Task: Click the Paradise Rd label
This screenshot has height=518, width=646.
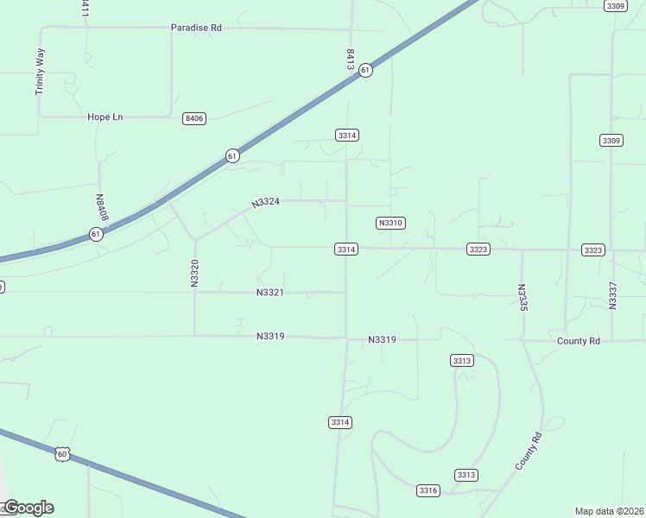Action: click(196, 28)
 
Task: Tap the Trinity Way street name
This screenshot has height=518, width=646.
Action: click(40, 71)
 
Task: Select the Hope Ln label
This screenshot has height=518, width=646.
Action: click(105, 117)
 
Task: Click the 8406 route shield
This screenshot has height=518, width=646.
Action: click(194, 118)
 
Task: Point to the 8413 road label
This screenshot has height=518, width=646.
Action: click(350, 59)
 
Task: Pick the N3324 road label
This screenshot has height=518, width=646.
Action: click(266, 203)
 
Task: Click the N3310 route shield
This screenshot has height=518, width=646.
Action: click(390, 223)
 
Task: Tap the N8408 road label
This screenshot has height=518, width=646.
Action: click(101, 206)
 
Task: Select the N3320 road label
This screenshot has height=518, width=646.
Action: click(195, 273)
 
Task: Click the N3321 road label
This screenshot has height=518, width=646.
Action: click(270, 293)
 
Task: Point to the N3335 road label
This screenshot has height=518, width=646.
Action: click(522, 299)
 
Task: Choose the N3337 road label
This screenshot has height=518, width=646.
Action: click(612, 295)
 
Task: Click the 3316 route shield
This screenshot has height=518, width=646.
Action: click(428, 490)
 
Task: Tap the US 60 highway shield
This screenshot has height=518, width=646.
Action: click(61, 453)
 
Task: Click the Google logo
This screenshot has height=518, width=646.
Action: click(28, 508)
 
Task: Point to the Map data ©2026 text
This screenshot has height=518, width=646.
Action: click(609, 511)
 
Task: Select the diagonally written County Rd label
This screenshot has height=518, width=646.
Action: click(528, 451)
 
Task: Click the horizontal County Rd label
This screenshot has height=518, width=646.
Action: click(579, 341)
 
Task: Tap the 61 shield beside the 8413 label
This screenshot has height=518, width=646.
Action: click(366, 70)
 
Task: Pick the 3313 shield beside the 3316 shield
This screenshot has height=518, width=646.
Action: click(466, 475)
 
